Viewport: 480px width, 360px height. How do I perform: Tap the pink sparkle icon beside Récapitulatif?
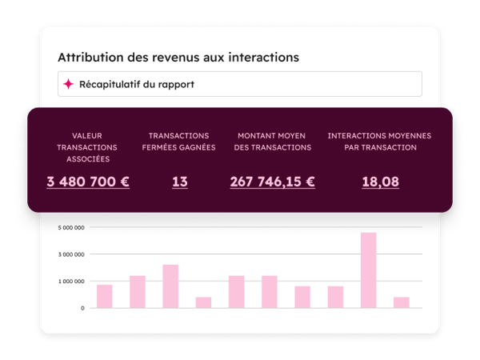(69, 84)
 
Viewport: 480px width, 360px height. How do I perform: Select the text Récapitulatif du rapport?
(136, 84)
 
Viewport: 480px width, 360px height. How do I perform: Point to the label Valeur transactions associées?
(87, 147)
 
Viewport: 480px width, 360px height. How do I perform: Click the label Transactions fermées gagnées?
(179, 142)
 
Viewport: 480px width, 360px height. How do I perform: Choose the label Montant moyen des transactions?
(272, 142)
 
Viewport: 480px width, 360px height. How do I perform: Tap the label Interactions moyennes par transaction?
(380, 142)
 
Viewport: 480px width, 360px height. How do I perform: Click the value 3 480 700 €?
(88, 182)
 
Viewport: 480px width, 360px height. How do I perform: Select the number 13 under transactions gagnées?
(179, 182)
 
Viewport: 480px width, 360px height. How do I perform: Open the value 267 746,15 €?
(272, 182)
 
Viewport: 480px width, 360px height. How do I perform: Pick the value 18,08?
(380, 182)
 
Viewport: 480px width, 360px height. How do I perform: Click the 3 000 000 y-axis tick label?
(71, 254)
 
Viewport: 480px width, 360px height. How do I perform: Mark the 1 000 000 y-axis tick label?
(71, 282)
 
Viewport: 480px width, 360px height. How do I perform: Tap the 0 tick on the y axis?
(82, 308)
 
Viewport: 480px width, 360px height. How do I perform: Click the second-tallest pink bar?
(170, 286)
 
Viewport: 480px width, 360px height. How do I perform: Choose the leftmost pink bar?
(104, 296)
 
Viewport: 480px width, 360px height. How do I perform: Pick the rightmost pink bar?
(401, 302)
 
